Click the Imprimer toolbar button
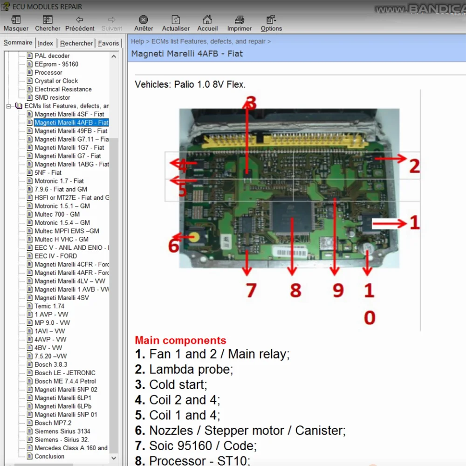pyautogui.click(x=240, y=23)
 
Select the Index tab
pyautogui.click(x=46, y=43)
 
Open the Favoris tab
pyautogui.click(x=109, y=43)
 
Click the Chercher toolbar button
pyautogui.click(x=48, y=23)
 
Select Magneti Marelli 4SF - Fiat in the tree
pyautogui.click(x=69, y=114)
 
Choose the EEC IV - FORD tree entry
pyautogui.click(x=55, y=256)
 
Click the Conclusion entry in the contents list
pyautogui.click(x=49, y=456)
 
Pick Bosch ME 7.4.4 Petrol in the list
pyautogui.click(x=65, y=381)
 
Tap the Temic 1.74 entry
pyautogui.click(x=49, y=306)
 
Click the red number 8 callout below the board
pyautogui.click(x=295, y=290)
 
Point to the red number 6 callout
pyautogui.click(x=173, y=246)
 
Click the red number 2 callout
pyautogui.click(x=414, y=166)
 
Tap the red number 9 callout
pyautogui.click(x=338, y=290)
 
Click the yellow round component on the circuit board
pyautogui.click(x=196, y=236)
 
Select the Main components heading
pyautogui.click(x=180, y=340)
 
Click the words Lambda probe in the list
pyautogui.click(x=191, y=370)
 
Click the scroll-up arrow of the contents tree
pyautogui.click(x=114, y=56)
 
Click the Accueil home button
pyautogui.click(x=207, y=23)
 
